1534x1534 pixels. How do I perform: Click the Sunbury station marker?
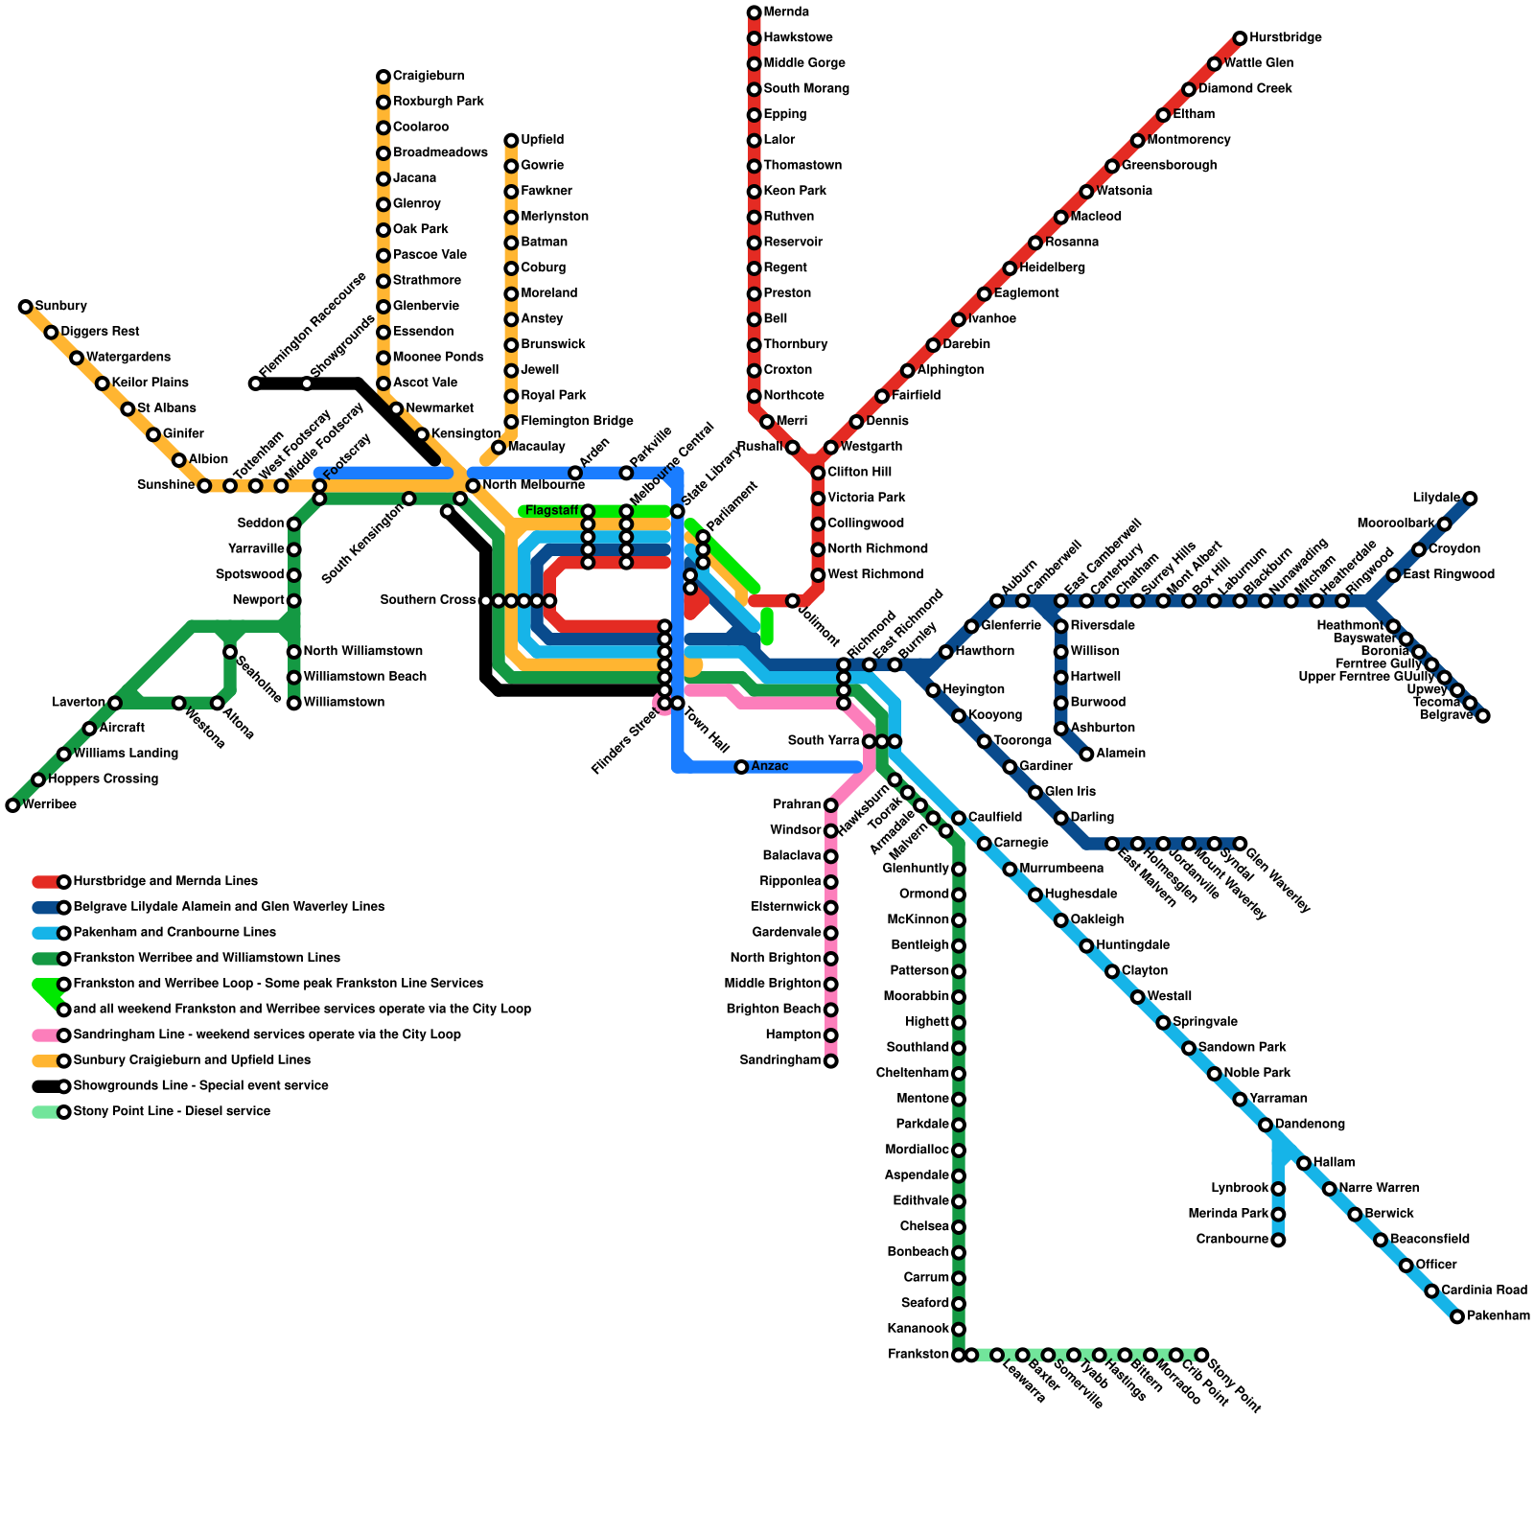point(26,307)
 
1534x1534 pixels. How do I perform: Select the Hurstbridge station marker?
point(1240,38)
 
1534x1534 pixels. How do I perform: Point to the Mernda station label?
point(786,12)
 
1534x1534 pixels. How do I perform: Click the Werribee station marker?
point(12,805)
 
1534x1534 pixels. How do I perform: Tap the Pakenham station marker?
point(1457,1316)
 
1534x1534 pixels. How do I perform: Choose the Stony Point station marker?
point(1201,1355)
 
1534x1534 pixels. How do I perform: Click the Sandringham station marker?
point(830,1060)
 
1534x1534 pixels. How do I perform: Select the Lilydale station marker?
point(1470,499)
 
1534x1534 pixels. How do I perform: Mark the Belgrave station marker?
point(1482,715)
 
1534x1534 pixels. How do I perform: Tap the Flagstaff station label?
point(551,511)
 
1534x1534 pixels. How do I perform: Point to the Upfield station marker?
point(511,141)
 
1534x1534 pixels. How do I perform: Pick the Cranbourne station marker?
point(1278,1240)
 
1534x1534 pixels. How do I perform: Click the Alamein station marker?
point(1086,754)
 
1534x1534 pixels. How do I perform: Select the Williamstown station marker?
point(294,703)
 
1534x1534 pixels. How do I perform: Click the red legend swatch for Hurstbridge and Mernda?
point(46,882)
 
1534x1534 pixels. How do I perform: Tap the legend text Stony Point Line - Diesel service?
point(172,1112)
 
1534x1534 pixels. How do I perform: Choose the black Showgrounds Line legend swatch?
point(46,1086)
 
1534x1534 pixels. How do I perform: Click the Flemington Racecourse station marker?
point(255,383)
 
